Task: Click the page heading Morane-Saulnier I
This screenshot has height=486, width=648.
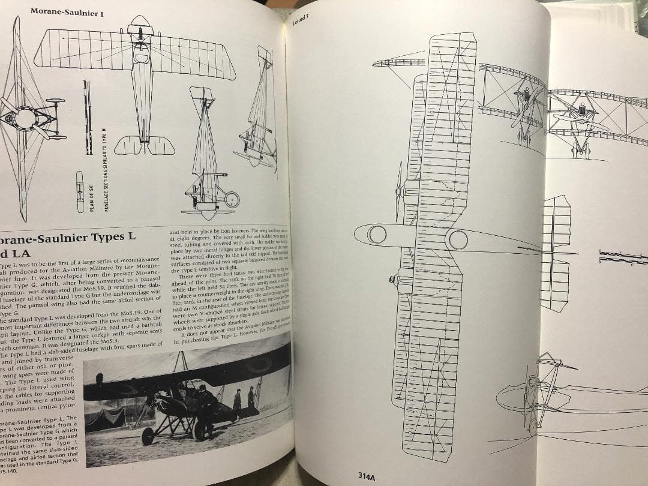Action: pyautogui.click(x=67, y=11)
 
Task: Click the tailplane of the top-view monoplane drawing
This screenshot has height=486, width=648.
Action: pyautogui.click(x=144, y=145)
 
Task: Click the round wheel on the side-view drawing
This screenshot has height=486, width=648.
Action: pyautogui.click(x=232, y=200)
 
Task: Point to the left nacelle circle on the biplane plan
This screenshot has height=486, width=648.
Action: pyautogui.click(x=377, y=235)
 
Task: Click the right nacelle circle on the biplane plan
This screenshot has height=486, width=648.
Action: pyautogui.click(x=457, y=239)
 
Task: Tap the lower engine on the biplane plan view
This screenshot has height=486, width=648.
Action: pyautogui.click(x=397, y=279)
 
